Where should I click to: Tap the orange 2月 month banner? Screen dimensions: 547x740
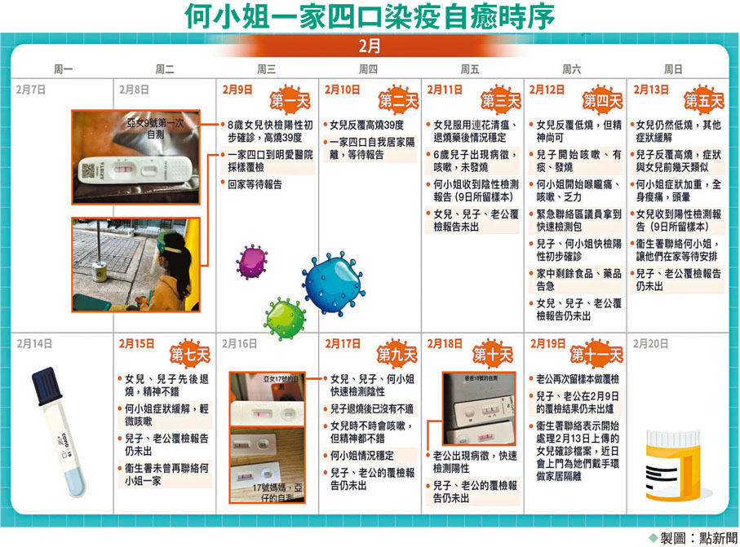pyautogui.click(x=369, y=46)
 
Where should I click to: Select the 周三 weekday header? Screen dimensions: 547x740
pyautogui.click(x=266, y=69)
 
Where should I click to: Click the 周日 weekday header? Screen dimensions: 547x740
pyautogui.click(x=673, y=69)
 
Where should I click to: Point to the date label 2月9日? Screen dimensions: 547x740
pyautogui.click(x=236, y=90)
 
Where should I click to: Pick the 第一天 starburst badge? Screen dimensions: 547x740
pyautogui.click(x=291, y=101)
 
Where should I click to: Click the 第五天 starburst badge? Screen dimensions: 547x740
pyautogui.click(x=703, y=101)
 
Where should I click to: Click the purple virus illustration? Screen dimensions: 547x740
pyautogui.click(x=251, y=262)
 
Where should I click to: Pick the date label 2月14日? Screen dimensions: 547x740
pyautogui.click(x=31, y=343)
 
